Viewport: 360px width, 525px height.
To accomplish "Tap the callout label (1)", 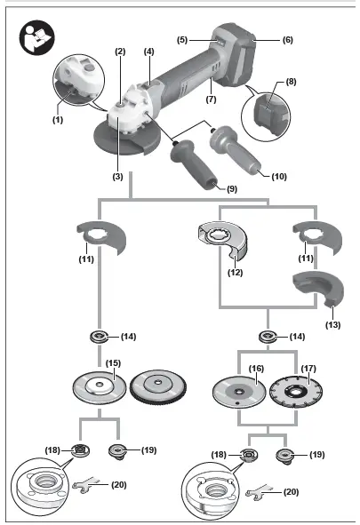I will pos(58,118).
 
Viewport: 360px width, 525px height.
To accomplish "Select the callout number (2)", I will pos(120,51).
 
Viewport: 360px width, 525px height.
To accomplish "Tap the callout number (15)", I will pos(114,362).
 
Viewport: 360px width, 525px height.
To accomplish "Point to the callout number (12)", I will pos(236,274).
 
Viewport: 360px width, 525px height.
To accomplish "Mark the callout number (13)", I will pos(333,325).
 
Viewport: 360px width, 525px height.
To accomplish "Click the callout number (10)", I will pos(279,177).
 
